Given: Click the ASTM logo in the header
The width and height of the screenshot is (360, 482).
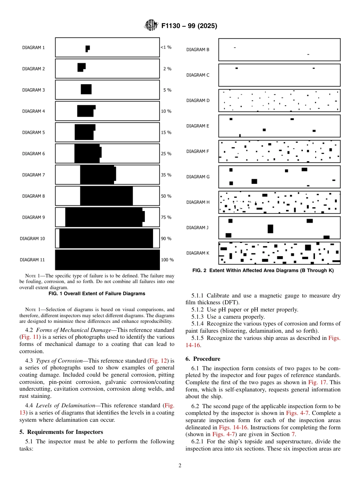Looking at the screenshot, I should [151, 26].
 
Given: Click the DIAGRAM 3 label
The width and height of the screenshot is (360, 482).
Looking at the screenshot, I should [33, 90].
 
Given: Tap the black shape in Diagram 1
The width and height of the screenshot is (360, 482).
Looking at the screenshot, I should [88, 48].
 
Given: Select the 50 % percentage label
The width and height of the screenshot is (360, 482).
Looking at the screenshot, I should [166, 196].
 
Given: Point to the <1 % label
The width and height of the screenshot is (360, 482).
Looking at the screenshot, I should [166, 47].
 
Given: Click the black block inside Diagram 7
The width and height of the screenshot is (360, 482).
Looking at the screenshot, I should [97, 175].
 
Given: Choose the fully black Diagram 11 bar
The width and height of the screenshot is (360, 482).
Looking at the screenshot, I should [107, 260].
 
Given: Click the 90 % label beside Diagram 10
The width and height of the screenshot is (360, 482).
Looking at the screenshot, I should [166, 239].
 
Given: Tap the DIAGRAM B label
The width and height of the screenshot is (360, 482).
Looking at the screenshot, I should [197, 50].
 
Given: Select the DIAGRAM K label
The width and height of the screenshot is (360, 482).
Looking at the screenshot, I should [197, 253].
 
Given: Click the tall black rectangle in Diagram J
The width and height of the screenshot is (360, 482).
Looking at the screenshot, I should [270, 228].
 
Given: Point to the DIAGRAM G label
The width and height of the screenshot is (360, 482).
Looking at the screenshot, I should [197, 177].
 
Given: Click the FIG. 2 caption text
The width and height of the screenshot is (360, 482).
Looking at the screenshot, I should [263, 271].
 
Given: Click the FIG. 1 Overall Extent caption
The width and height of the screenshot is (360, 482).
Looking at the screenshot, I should [97, 294].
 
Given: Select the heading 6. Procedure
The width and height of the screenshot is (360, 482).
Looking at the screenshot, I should [203, 358].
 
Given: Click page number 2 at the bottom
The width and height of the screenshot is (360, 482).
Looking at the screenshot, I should [180, 466].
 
